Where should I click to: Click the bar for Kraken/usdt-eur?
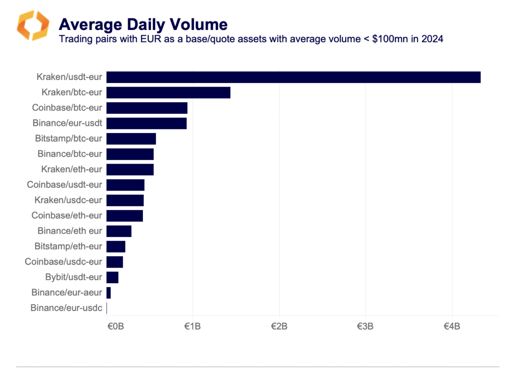click(293, 77)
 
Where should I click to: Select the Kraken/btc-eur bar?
click(168, 92)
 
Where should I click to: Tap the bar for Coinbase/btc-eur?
click(147, 108)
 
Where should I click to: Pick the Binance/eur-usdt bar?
click(146, 123)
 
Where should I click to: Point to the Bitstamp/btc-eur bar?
click(131, 139)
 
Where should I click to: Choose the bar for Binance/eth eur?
click(119, 231)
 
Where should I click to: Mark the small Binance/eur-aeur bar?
click(108, 293)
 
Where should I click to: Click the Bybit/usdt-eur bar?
click(112, 277)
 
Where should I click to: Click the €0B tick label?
click(116, 326)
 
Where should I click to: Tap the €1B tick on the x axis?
click(193, 326)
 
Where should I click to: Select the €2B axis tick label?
click(279, 326)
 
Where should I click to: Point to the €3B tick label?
click(365, 326)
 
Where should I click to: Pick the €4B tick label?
click(452, 326)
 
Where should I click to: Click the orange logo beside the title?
click(33, 25)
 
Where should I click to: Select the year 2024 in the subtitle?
click(432, 39)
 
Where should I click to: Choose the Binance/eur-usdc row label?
click(66, 308)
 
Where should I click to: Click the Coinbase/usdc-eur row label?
click(63, 262)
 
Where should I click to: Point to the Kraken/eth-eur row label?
click(71, 169)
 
